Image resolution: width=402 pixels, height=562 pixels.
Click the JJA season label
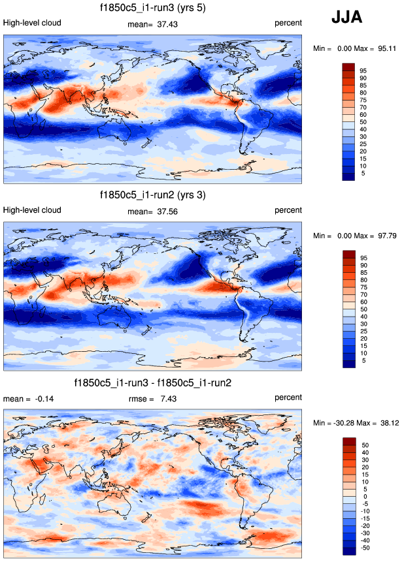click(x=346, y=18)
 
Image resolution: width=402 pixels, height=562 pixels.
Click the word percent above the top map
click(x=288, y=23)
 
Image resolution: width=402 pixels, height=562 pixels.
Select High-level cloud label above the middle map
click(x=33, y=210)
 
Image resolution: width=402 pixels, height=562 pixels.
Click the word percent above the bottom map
click(x=288, y=398)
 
